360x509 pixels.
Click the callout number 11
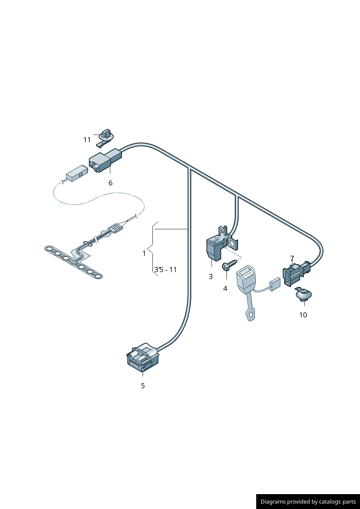click(x=87, y=140)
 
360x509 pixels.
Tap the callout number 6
click(x=110, y=183)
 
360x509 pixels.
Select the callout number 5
click(x=143, y=386)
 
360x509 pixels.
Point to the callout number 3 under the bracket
click(x=211, y=276)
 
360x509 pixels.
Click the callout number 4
click(x=225, y=288)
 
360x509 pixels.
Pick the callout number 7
click(x=292, y=258)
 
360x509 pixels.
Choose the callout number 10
click(x=303, y=315)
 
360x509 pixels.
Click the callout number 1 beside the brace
click(x=144, y=253)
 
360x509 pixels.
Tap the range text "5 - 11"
click(x=168, y=270)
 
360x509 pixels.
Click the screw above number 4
click(x=230, y=265)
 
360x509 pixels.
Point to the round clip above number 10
click(x=303, y=295)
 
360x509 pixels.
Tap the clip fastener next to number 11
click(x=105, y=137)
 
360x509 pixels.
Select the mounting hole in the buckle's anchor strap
click(x=251, y=315)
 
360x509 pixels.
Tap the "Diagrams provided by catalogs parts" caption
click(x=308, y=501)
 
